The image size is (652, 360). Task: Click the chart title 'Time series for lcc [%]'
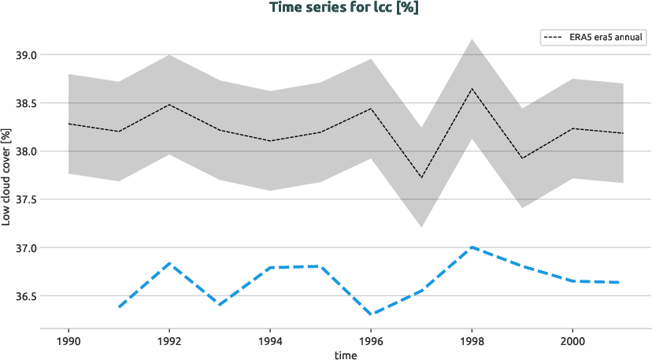point(326,8)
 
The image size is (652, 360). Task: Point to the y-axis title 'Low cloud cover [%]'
point(6,175)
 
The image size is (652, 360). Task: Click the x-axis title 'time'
point(345,354)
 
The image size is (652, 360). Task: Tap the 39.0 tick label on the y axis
point(27,55)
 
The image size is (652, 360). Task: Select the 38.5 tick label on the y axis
point(27,103)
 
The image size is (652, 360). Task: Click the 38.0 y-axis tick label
point(27,151)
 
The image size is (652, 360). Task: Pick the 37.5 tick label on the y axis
point(27,200)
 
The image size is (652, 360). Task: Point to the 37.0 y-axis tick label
point(27,248)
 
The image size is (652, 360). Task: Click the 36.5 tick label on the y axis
point(27,296)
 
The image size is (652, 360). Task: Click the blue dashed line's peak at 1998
point(472,247)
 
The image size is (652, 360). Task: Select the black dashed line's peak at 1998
point(472,88)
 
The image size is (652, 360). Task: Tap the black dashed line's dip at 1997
point(421,178)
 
